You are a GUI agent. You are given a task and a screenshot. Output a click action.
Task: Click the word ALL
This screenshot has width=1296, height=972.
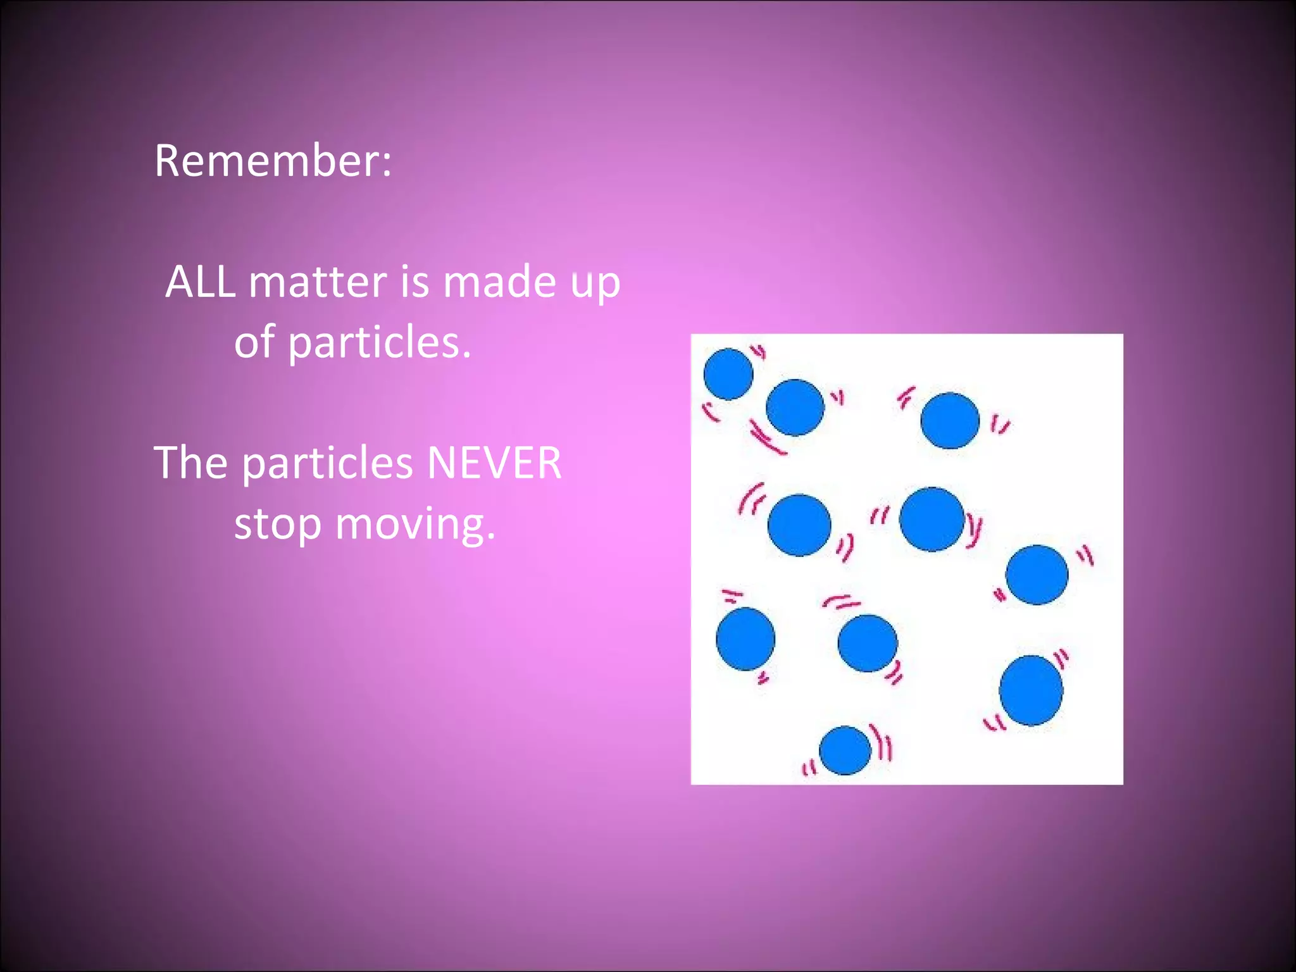[200, 282]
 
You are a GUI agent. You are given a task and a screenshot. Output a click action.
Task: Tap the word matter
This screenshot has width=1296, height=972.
[318, 282]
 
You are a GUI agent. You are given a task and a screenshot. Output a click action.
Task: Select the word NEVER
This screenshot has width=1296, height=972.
[494, 463]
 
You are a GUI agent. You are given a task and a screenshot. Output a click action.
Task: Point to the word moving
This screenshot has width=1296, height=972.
[414, 524]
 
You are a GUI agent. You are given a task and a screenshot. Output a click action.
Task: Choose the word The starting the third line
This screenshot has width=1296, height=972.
[190, 463]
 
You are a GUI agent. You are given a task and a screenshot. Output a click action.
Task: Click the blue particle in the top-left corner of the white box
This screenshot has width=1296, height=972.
[728, 374]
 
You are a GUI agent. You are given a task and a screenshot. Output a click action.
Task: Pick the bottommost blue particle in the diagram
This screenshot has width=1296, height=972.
[845, 751]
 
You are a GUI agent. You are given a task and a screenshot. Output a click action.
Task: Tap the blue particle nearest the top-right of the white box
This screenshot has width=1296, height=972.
[950, 420]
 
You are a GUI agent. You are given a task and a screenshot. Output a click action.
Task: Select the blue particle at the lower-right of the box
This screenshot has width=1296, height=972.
[1031, 690]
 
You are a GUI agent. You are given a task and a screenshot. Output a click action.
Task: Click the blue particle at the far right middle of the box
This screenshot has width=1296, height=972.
[1037, 575]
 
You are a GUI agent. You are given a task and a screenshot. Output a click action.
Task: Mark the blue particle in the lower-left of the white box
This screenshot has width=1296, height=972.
[745, 639]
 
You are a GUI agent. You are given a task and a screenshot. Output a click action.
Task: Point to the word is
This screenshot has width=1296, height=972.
[414, 282]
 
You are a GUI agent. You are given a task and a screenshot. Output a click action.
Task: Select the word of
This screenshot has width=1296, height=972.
[254, 342]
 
